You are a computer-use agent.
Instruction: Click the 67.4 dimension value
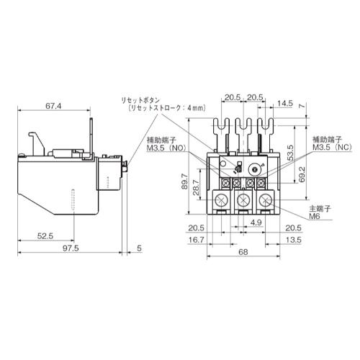[x=53, y=106]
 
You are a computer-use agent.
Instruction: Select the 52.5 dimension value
[x=45, y=236]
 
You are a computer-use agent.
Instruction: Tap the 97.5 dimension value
[x=71, y=248]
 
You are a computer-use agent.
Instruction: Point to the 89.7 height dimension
[x=184, y=181]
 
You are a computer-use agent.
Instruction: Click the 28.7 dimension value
[x=196, y=187]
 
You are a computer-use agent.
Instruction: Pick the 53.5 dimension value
[x=290, y=153]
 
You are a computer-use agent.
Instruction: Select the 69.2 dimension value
[x=302, y=174]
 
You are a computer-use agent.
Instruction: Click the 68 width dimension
[x=243, y=252]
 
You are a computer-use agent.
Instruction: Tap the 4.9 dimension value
[x=256, y=222]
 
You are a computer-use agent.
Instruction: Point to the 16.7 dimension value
[x=197, y=240]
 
